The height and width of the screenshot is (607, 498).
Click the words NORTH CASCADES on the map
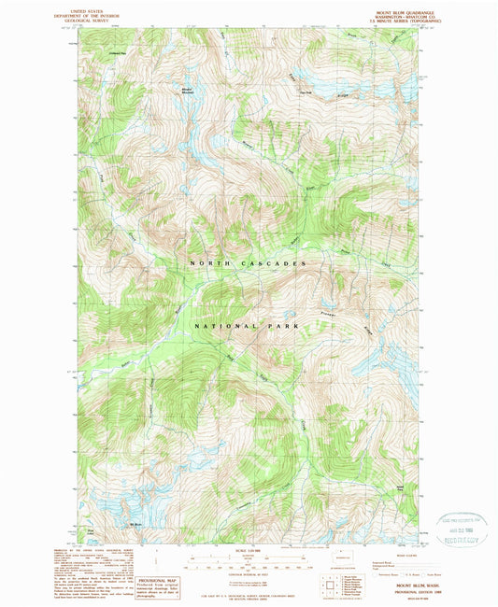(x=248, y=264)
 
